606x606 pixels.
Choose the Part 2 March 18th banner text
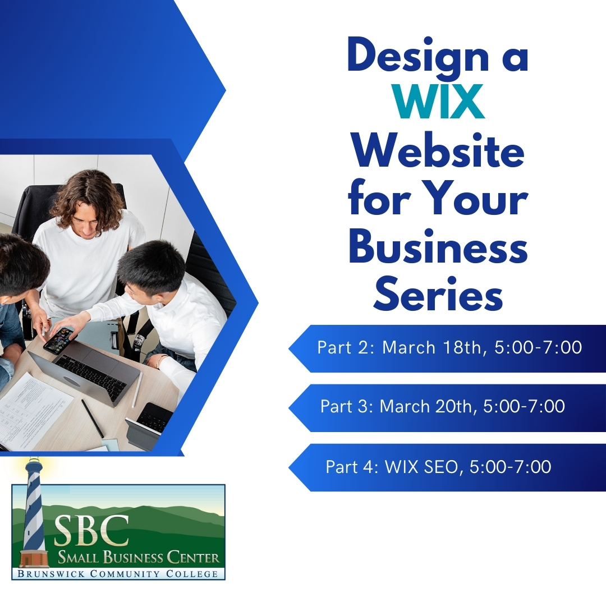click(449, 348)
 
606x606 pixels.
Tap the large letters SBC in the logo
click(92, 531)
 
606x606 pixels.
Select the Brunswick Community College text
click(117, 573)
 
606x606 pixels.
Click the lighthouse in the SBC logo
click(34, 512)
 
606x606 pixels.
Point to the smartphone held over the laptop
click(58, 339)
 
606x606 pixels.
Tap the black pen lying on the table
click(93, 418)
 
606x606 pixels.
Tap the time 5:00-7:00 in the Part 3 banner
click(524, 407)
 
